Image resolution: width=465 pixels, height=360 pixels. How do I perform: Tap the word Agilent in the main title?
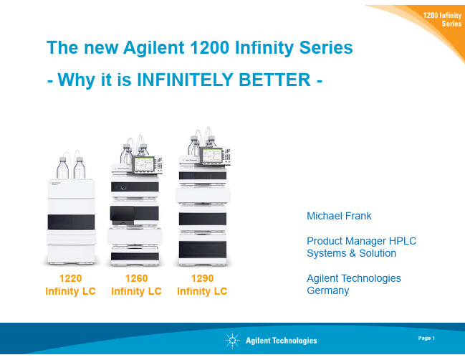click(154, 48)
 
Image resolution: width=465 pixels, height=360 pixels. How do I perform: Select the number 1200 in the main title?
click(209, 47)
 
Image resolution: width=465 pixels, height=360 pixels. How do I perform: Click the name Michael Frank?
click(339, 216)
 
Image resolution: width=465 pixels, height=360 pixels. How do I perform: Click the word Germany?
click(327, 290)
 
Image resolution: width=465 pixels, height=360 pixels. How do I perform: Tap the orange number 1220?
click(70, 278)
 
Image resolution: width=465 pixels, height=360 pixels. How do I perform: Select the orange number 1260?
click(136, 278)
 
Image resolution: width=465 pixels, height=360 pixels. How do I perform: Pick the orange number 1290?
click(202, 278)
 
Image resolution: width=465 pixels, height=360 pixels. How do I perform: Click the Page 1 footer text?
click(426, 338)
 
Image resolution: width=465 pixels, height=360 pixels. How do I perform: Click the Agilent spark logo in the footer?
click(232, 340)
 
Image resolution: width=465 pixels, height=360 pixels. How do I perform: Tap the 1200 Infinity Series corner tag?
click(442, 19)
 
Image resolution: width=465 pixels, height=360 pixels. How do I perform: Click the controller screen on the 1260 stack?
click(144, 164)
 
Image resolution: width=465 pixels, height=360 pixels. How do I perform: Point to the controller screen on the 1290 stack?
click(212, 155)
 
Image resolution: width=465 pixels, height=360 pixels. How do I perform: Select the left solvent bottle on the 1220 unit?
click(62, 168)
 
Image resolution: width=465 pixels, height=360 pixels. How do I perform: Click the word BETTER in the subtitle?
click(274, 80)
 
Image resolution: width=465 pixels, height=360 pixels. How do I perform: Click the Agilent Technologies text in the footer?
click(281, 341)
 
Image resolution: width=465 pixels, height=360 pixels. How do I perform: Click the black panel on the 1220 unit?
click(71, 222)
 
